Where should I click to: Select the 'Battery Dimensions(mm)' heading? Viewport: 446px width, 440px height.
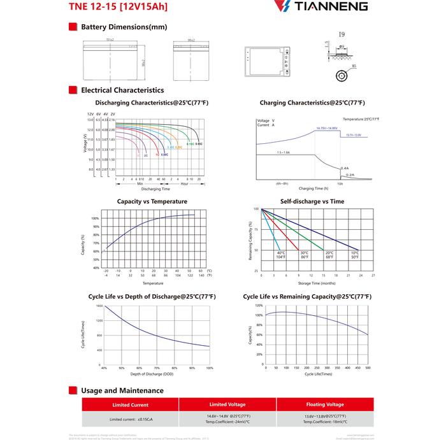tap(124, 27)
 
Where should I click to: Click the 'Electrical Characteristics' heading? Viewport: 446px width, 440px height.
tap(122, 90)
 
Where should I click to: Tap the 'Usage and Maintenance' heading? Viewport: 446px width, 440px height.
tap(122, 390)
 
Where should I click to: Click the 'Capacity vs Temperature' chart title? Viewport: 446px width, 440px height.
tap(152, 201)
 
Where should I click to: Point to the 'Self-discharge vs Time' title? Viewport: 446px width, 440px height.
tap(312, 201)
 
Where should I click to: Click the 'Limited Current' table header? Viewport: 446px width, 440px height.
tap(130, 405)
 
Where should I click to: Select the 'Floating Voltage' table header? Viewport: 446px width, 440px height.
tap(324, 404)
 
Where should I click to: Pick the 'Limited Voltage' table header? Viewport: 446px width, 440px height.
tap(227, 404)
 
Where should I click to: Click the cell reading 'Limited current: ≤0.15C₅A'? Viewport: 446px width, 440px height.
tap(130, 420)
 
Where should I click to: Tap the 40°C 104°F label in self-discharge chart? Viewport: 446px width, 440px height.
tap(281, 255)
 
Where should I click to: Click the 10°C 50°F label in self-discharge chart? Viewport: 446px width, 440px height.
tap(355, 255)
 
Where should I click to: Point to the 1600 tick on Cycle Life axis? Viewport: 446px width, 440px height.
tap(99, 306)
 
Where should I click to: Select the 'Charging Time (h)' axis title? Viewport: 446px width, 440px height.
tap(313, 188)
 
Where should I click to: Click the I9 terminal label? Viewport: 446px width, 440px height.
tap(342, 33)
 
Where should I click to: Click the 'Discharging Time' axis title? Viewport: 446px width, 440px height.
tap(155, 188)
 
